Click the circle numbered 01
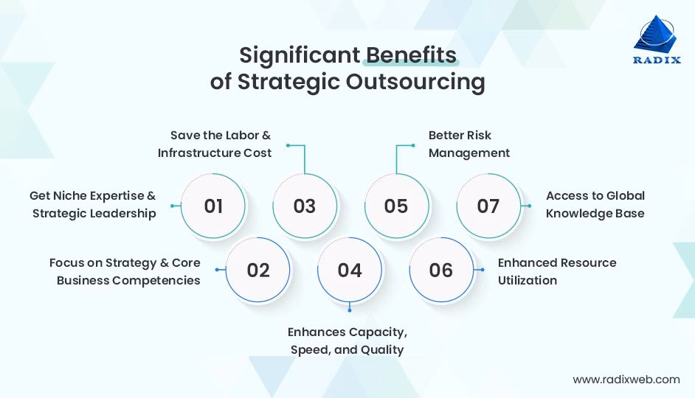click(213, 206)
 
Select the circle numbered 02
click(258, 270)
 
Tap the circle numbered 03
click(305, 206)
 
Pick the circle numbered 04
click(350, 270)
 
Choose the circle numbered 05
click(396, 206)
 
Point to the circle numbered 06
click(441, 270)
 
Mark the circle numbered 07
click(488, 206)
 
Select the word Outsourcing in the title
click(415, 82)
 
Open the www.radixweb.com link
click(626, 380)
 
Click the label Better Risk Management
click(469, 144)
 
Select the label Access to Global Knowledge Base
click(595, 204)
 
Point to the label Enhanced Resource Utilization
click(556, 270)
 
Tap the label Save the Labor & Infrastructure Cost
click(215, 144)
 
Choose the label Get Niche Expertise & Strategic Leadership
click(93, 204)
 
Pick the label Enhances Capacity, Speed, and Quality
click(347, 341)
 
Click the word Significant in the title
click(298, 55)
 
